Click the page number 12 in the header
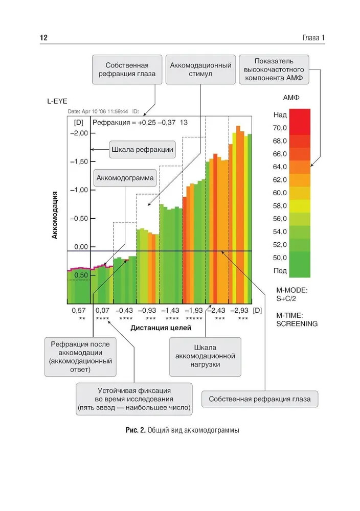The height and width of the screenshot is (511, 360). click(x=43, y=38)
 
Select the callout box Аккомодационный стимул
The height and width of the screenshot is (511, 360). click(x=201, y=69)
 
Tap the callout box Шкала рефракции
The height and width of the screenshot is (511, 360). click(x=142, y=150)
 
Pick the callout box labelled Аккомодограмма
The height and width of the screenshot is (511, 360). click(x=125, y=178)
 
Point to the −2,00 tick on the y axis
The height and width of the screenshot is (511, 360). click(x=78, y=133)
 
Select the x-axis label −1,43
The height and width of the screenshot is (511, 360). click(x=172, y=310)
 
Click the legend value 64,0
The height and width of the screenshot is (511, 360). click(x=280, y=167)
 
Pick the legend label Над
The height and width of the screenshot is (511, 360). click(x=280, y=115)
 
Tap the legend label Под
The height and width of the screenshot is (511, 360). click(x=280, y=271)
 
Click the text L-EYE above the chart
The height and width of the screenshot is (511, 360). click(x=58, y=102)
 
